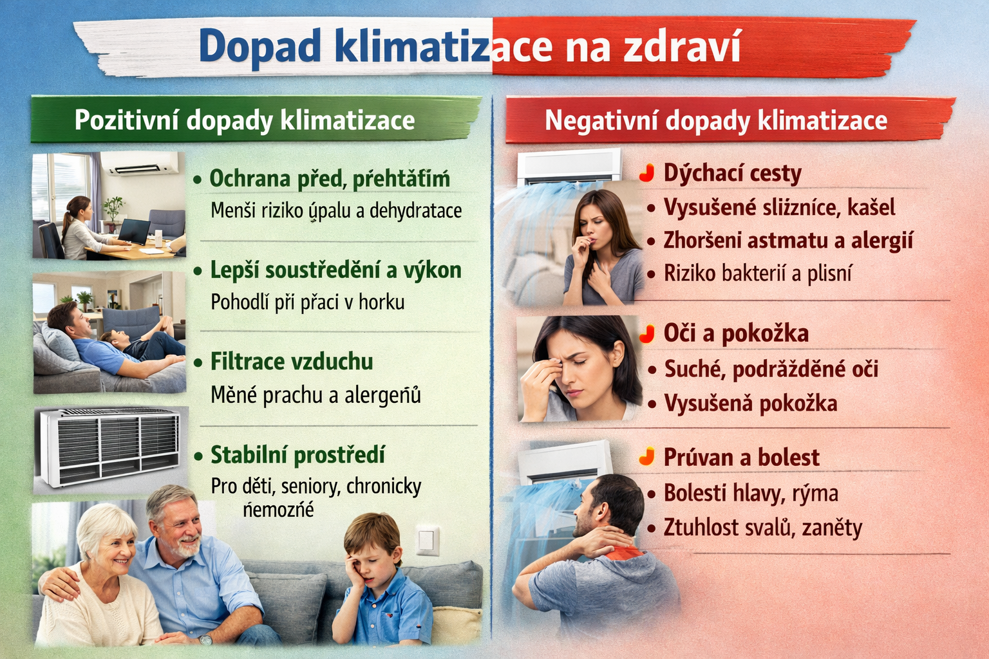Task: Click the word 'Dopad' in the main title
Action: point(259,47)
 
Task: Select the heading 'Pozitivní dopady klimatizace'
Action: point(245,120)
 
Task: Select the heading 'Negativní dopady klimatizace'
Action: point(716,120)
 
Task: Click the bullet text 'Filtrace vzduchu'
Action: point(292,362)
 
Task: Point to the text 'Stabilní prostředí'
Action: point(297,455)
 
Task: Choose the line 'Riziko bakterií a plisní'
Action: point(758,274)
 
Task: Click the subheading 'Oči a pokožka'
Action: point(736,333)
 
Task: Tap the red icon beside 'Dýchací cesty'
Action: point(647,173)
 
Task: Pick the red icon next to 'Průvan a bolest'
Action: point(647,457)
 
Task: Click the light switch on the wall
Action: point(428,539)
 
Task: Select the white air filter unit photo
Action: point(109,449)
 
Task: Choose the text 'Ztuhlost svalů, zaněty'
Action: point(763,528)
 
